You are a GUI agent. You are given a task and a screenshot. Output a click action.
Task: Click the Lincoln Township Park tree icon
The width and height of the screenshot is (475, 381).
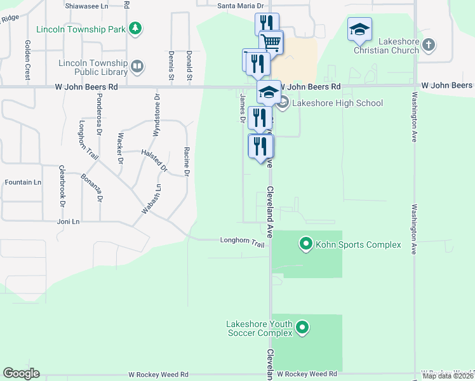(x=135, y=28)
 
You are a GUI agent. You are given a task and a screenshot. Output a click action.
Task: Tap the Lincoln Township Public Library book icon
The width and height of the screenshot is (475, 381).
(x=137, y=65)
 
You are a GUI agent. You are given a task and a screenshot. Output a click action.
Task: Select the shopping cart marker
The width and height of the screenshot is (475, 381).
(x=271, y=43)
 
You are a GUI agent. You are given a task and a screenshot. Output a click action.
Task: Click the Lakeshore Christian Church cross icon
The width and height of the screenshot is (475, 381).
(x=429, y=44)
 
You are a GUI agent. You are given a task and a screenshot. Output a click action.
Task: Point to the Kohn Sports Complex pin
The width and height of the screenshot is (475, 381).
(x=306, y=244)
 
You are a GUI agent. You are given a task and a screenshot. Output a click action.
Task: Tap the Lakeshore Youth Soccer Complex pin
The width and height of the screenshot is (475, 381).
(x=303, y=328)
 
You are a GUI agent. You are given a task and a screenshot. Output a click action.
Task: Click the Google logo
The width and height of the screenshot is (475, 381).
(x=21, y=373)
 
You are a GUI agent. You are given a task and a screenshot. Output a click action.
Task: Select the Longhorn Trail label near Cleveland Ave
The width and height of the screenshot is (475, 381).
(x=242, y=241)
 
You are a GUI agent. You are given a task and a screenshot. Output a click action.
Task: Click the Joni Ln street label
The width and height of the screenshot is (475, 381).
(x=68, y=222)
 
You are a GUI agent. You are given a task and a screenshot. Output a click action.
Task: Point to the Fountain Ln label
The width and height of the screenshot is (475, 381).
(x=23, y=182)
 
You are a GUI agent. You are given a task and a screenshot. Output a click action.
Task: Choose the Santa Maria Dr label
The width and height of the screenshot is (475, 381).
(x=240, y=6)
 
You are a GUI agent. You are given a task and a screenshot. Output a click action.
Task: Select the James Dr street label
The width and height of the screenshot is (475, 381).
(x=243, y=108)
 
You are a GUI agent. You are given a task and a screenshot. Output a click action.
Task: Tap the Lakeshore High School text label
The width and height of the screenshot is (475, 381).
(x=337, y=103)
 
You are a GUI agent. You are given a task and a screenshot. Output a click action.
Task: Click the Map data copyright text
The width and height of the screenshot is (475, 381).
(x=448, y=376)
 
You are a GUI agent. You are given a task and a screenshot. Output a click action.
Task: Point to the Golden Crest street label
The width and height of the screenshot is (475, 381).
(x=28, y=59)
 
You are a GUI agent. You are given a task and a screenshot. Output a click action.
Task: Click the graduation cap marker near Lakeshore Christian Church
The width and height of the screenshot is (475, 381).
(x=359, y=29)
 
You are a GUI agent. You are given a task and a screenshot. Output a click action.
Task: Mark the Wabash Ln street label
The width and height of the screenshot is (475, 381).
(x=152, y=198)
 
